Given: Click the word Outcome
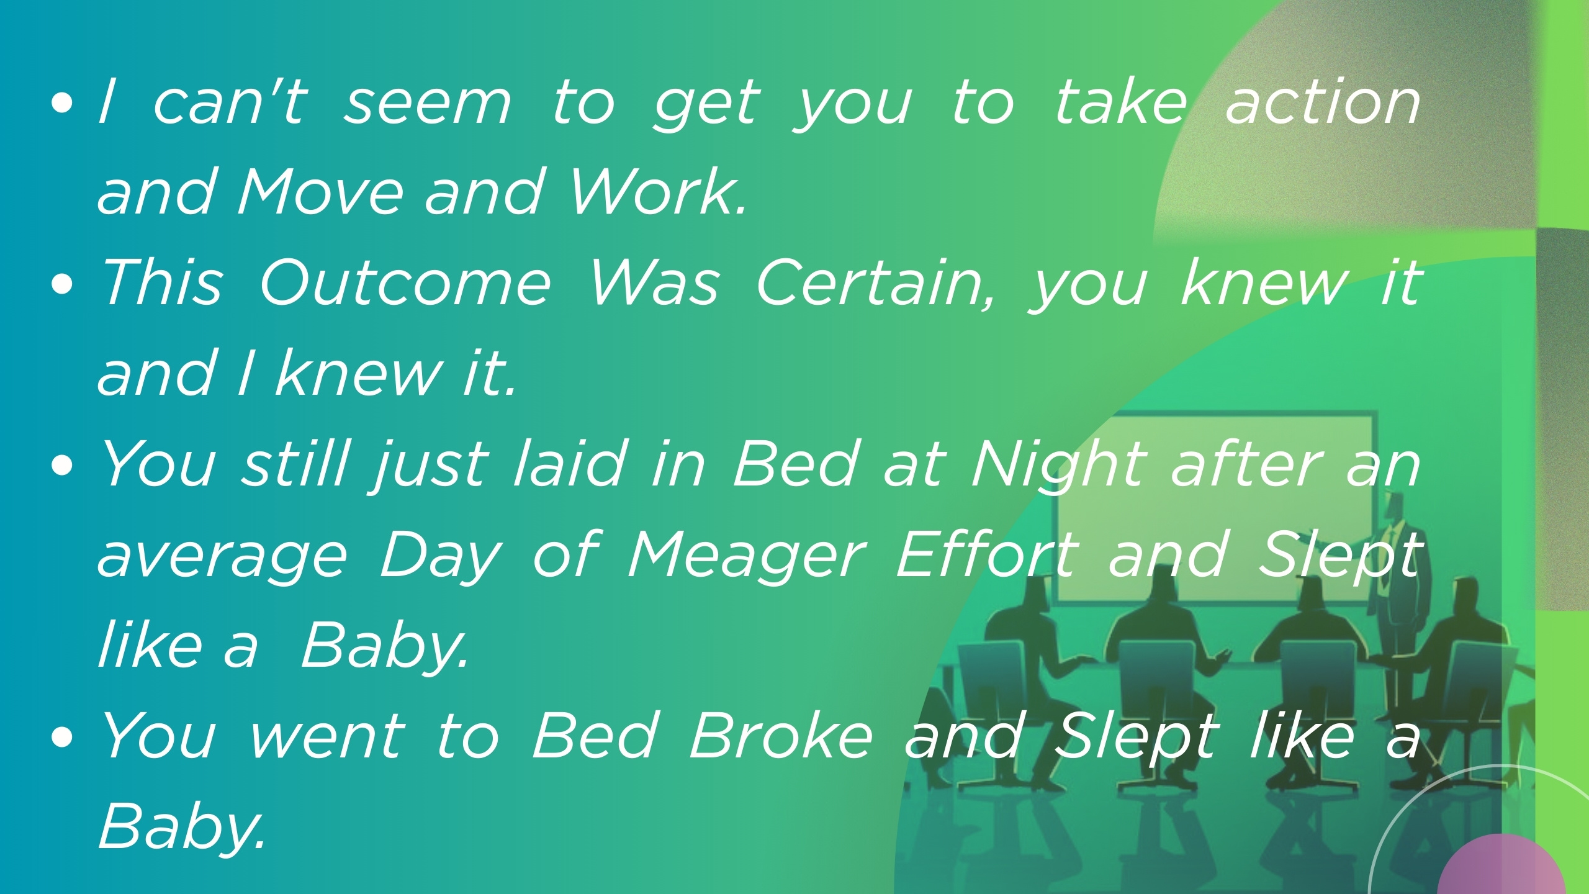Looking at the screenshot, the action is (x=405, y=283).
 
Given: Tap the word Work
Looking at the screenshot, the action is (x=657, y=192).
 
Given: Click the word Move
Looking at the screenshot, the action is (x=320, y=192).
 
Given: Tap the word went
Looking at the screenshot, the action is (x=327, y=737).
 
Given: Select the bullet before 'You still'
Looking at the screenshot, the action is (x=63, y=466).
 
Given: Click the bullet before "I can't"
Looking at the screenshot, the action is (x=63, y=104).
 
